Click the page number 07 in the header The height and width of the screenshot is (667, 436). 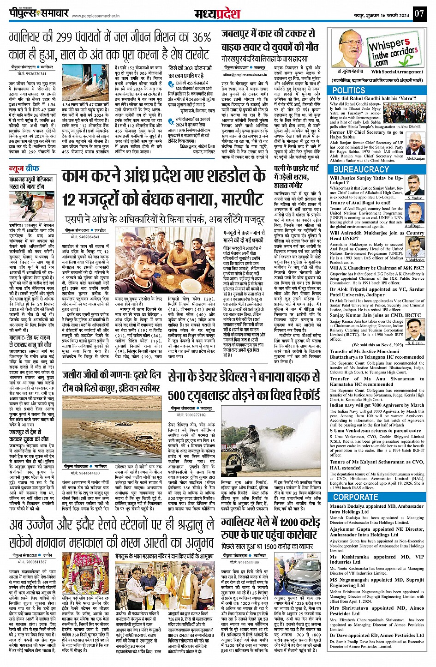point(418,13)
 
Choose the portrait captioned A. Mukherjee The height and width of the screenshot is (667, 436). point(415,247)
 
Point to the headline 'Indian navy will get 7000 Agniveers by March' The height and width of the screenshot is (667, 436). point(376,405)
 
